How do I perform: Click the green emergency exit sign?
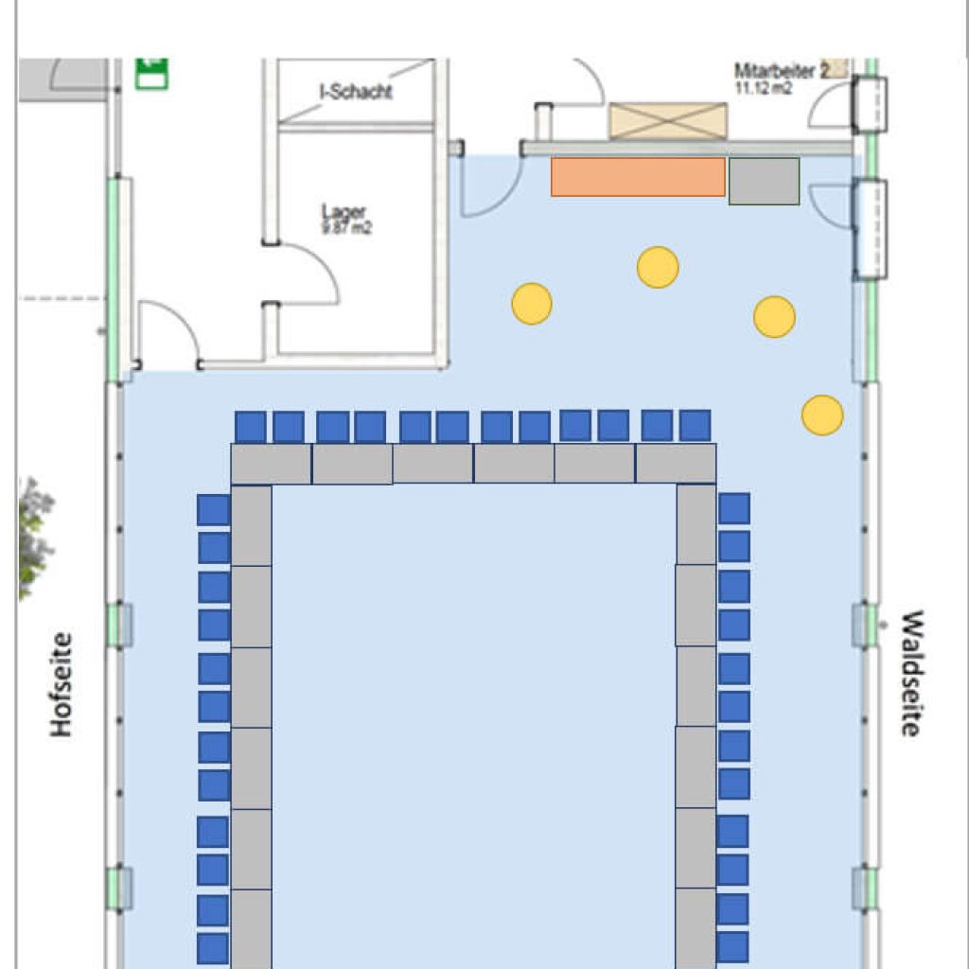tap(151, 72)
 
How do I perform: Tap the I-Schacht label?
tap(355, 92)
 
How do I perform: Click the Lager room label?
tap(343, 212)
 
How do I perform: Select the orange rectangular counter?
tap(638, 177)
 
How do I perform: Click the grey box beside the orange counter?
tap(764, 181)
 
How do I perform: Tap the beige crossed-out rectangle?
tap(668, 121)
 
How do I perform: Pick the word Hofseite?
tap(62, 684)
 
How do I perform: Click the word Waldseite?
tap(910, 673)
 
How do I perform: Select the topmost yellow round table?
tap(658, 267)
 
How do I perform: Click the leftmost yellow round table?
tap(532, 304)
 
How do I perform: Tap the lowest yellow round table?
tap(822, 414)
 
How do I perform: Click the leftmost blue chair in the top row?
tap(251, 427)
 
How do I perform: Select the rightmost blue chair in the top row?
tap(695, 426)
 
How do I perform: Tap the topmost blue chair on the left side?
tap(214, 510)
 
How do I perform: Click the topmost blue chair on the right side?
tap(734, 508)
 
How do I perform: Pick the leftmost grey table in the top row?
tap(271, 464)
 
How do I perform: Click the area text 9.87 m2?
tap(346, 227)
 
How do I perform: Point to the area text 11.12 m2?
tap(764, 87)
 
